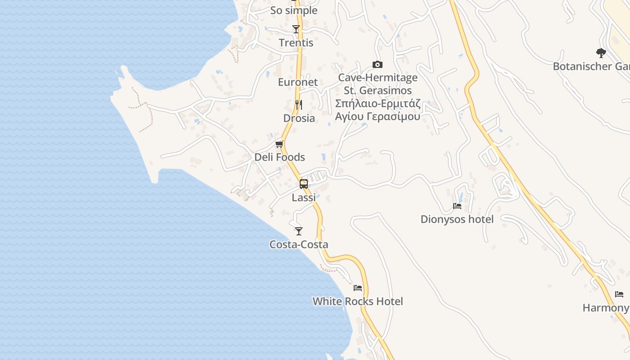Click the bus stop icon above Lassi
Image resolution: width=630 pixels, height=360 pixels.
tap(304, 184)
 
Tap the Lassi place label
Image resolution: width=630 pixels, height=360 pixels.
tap(304, 198)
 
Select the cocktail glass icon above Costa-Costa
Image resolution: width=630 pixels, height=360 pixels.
tap(299, 231)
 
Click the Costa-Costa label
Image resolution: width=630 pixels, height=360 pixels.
tap(299, 244)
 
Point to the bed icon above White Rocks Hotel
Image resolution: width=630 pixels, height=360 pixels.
tap(358, 288)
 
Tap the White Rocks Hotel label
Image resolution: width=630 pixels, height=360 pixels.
tap(358, 301)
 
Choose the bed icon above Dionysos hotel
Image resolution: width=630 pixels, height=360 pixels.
tap(457, 206)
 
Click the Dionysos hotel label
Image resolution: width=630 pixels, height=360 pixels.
tap(457, 219)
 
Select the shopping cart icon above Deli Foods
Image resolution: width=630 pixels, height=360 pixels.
tap(279, 144)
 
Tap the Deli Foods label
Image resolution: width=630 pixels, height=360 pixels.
tap(279, 157)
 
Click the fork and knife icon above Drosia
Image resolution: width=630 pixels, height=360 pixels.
tap(299, 105)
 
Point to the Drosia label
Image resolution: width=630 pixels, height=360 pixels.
tap(299, 118)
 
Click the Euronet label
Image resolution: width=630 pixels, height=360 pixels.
tap(297, 82)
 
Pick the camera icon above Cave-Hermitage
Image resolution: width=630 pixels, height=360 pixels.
tap(378, 65)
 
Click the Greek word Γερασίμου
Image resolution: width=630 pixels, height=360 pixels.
tap(394, 117)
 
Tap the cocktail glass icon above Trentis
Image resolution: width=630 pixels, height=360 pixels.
tap(296, 29)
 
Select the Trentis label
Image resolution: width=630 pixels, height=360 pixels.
tap(296, 43)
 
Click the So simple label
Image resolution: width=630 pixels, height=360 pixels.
tap(294, 10)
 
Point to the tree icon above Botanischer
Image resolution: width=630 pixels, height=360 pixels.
tap(601, 53)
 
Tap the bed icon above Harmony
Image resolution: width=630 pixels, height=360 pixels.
tap(619, 294)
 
